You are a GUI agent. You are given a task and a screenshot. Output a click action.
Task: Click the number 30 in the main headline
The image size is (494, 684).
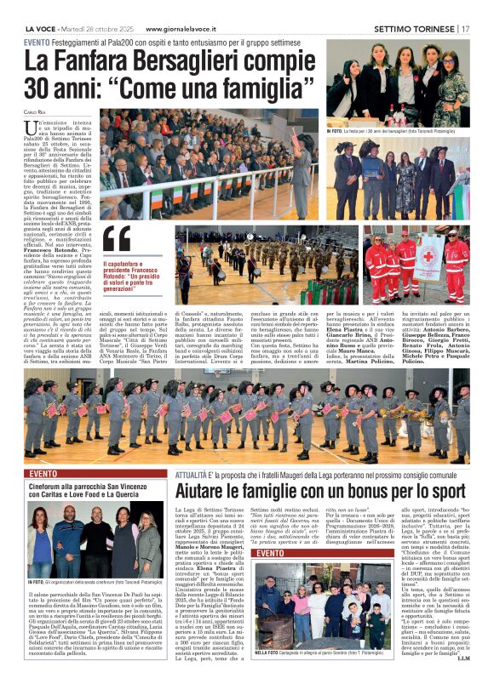coord(43,88)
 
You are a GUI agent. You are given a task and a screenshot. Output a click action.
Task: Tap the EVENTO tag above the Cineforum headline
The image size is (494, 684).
coord(44,473)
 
